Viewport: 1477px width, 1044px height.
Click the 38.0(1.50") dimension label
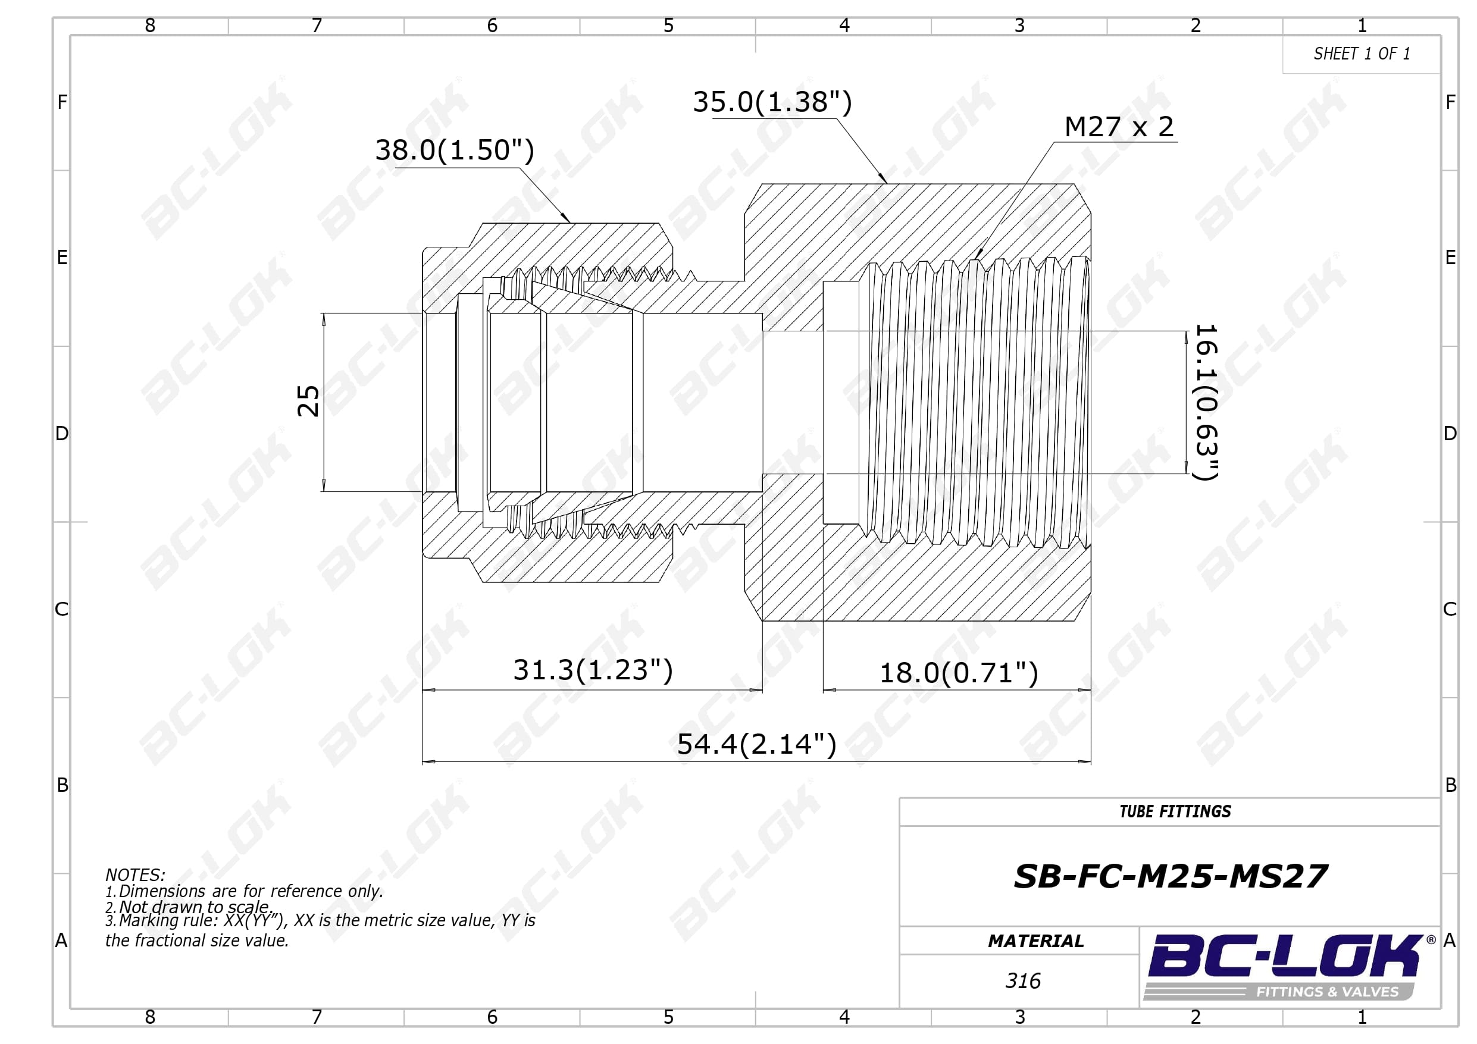[454, 151]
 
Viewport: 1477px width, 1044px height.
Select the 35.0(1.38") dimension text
[772, 102]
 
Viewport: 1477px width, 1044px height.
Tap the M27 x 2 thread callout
[1119, 127]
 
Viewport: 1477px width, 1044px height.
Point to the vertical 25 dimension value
[308, 402]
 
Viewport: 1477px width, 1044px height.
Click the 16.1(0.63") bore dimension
[1206, 402]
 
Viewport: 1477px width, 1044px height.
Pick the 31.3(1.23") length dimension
[593, 670]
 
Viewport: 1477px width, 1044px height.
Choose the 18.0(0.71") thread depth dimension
[959, 673]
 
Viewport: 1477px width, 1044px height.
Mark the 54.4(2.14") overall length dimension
[756, 744]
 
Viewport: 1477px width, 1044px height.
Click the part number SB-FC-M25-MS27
[1170, 876]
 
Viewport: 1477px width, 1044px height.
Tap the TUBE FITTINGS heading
[1175, 812]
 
